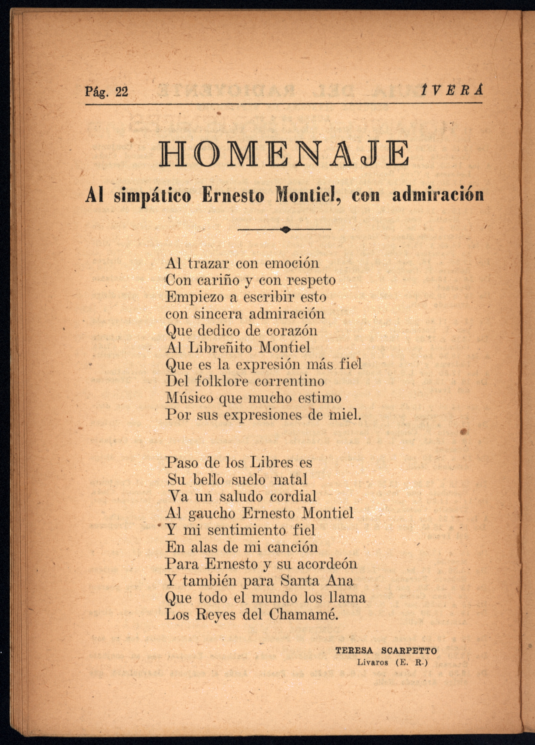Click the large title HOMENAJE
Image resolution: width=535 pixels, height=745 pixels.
(x=284, y=154)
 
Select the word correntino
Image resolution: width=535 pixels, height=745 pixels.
(x=290, y=381)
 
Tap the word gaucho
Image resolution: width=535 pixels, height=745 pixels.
(x=212, y=513)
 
